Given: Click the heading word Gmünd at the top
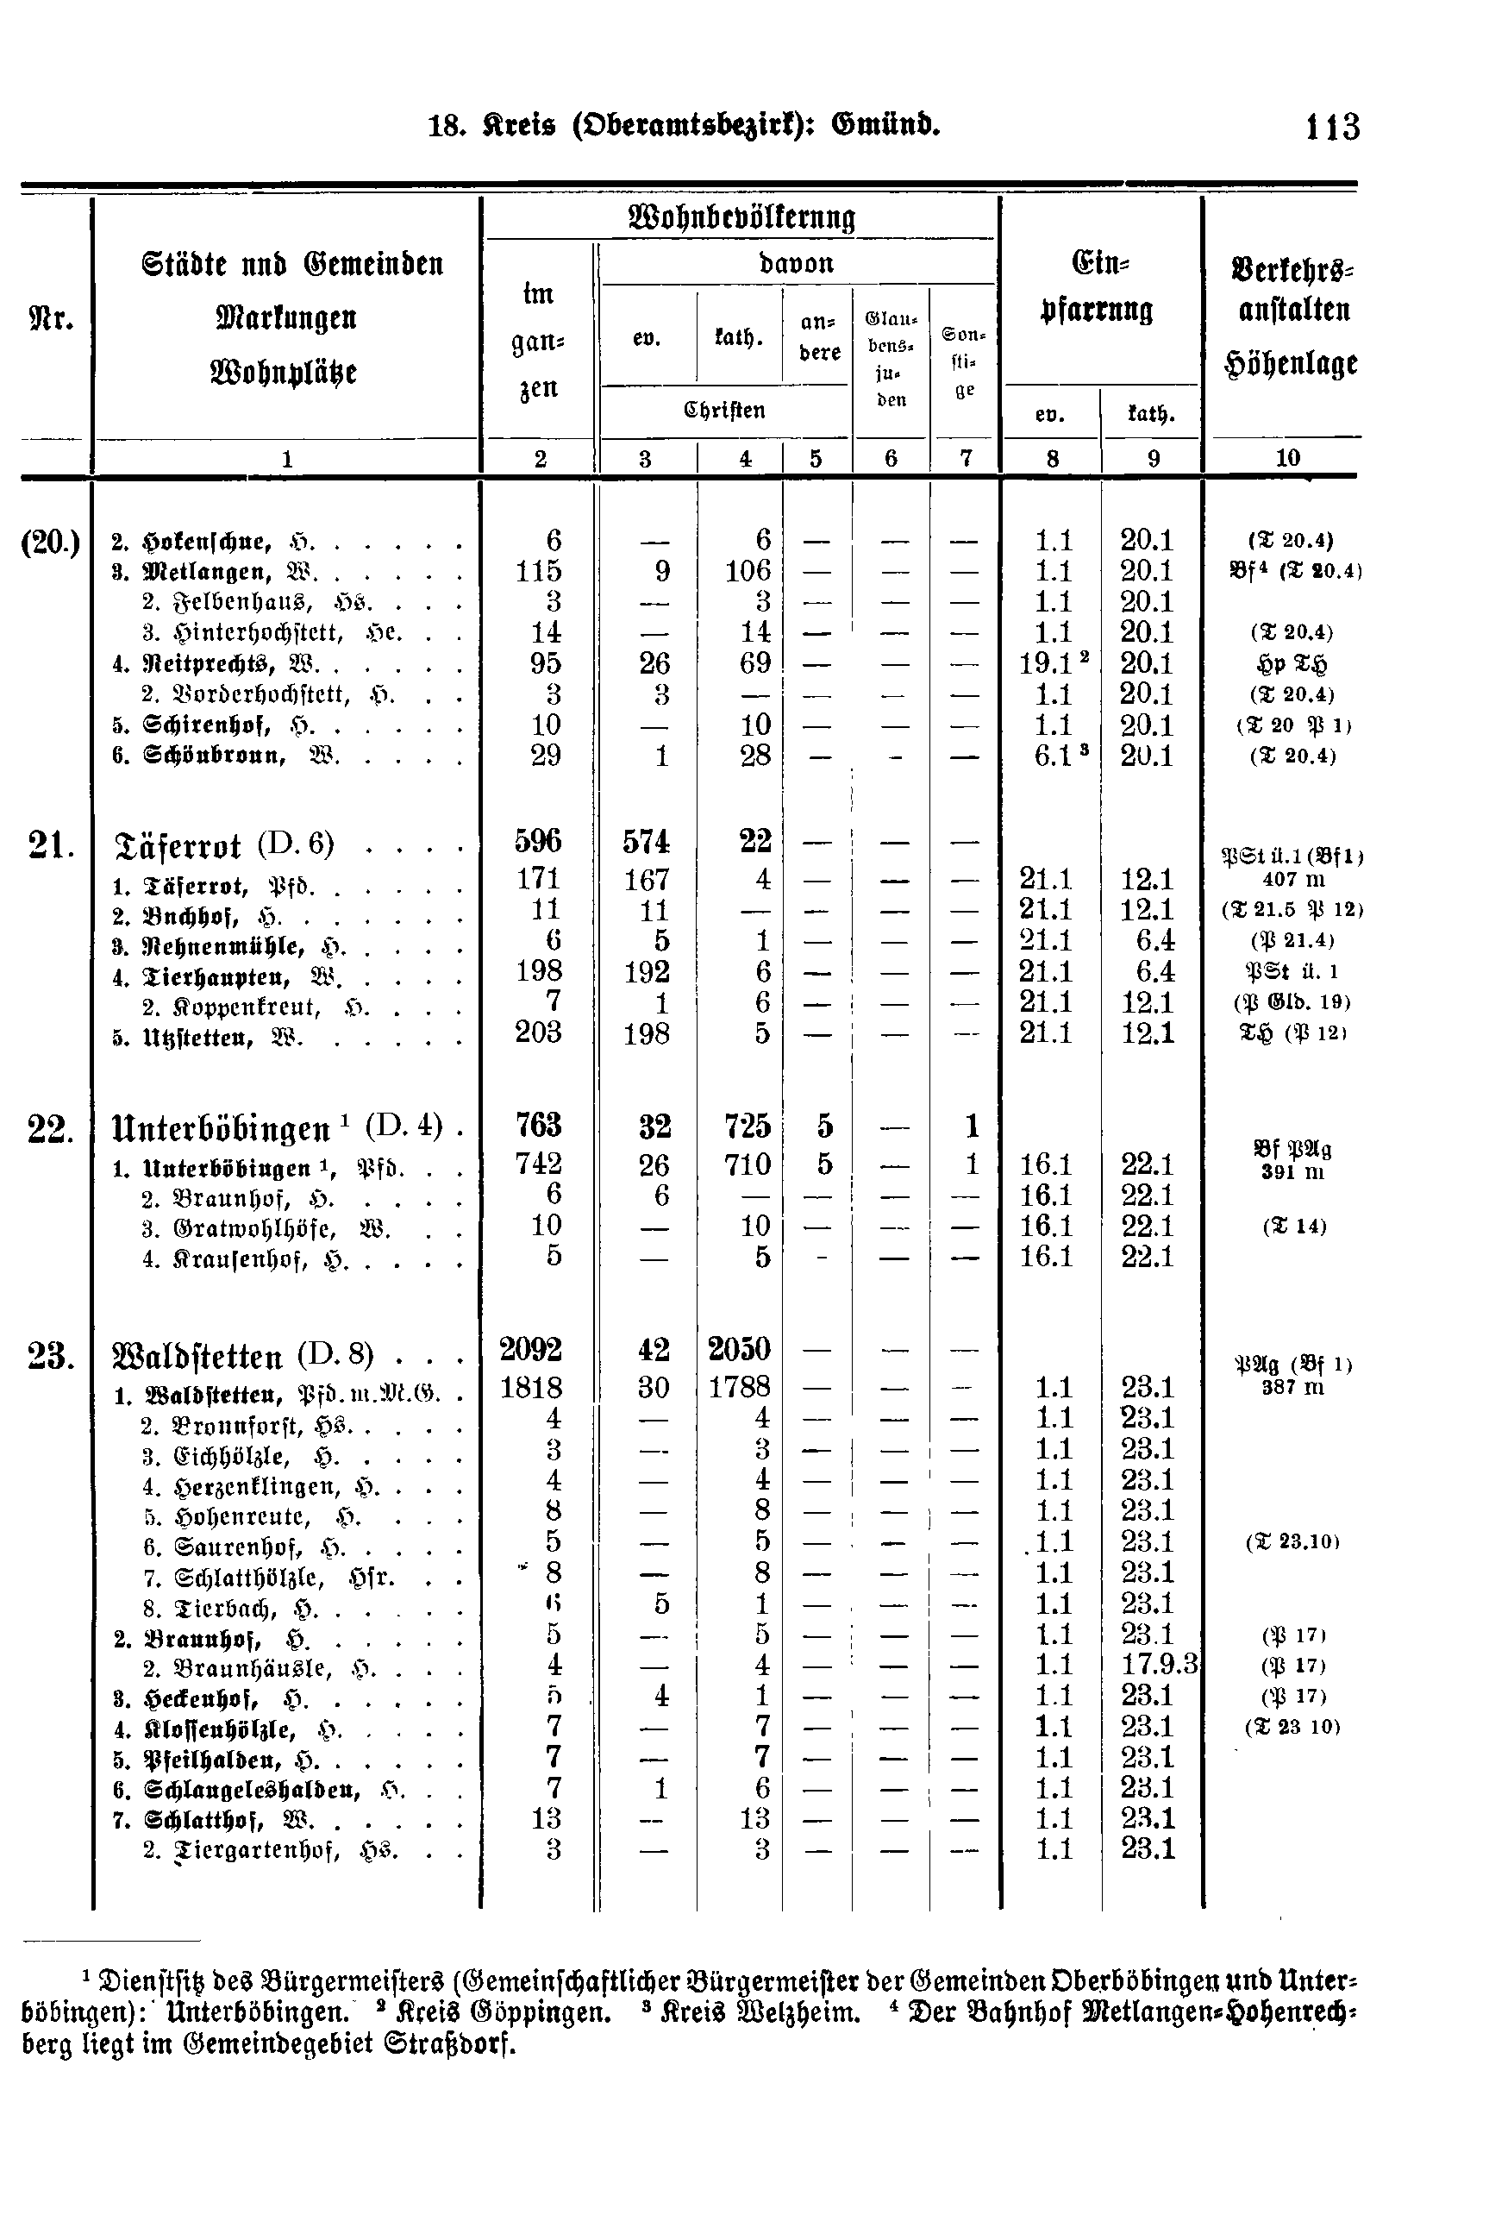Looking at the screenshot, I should tap(885, 124).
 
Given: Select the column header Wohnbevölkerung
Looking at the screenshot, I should tap(741, 217).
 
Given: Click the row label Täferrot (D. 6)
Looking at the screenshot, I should tap(223, 844).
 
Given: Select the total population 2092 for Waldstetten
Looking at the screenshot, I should tap(532, 1349).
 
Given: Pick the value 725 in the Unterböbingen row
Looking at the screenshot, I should tap(747, 1126).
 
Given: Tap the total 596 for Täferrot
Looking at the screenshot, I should tap(537, 842).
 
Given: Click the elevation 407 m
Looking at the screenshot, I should tap(1293, 880).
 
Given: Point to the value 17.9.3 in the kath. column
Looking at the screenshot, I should tap(1160, 1664).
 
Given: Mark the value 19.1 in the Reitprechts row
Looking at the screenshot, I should tap(1045, 663).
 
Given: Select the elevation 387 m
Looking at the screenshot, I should tap(1292, 1387).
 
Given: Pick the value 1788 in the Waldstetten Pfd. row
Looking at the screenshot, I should tap(739, 1388).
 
